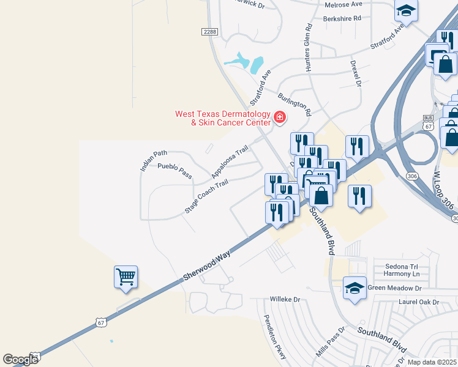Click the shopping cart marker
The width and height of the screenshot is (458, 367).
pyautogui.click(x=126, y=276)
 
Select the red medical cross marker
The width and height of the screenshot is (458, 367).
pyautogui.click(x=280, y=117)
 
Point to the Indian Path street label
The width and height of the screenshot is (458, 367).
pyautogui.click(x=154, y=160)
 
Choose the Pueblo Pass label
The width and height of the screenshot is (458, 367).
pyautogui.click(x=175, y=171)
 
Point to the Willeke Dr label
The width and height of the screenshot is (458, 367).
pyautogui.click(x=286, y=300)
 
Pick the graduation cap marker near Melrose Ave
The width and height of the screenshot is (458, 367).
pyautogui.click(x=405, y=10)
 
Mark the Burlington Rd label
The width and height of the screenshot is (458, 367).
pyautogui.click(x=295, y=104)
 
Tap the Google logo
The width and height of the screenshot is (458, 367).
pyautogui.click(x=20, y=360)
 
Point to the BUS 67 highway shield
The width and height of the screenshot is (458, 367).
pyautogui.click(x=428, y=122)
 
